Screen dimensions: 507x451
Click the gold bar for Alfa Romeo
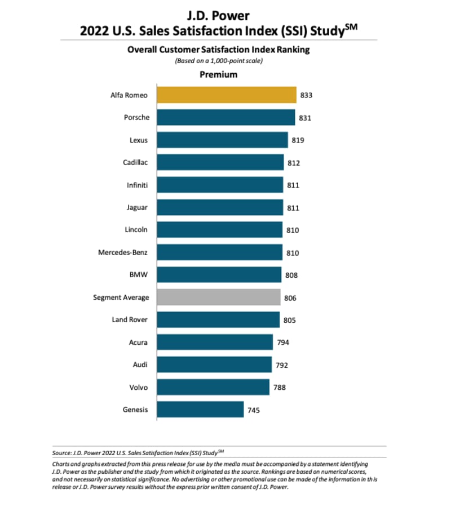[x=227, y=95]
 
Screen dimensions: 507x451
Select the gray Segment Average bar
[x=219, y=297]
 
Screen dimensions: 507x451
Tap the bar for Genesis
[x=200, y=409]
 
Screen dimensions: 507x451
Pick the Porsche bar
[x=226, y=117]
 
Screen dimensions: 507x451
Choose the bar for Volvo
[x=213, y=387]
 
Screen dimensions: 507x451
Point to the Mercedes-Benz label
[x=123, y=252]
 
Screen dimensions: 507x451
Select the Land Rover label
[x=130, y=319]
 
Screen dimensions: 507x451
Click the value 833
[x=307, y=95]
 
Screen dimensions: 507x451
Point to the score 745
[x=254, y=410]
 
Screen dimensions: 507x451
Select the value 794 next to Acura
[x=283, y=342]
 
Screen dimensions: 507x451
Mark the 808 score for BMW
[x=291, y=275]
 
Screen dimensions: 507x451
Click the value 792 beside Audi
[x=281, y=364]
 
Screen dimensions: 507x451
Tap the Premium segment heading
[x=219, y=74]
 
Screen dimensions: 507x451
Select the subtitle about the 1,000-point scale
[x=219, y=61]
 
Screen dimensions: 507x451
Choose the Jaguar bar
[x=220, y=207]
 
